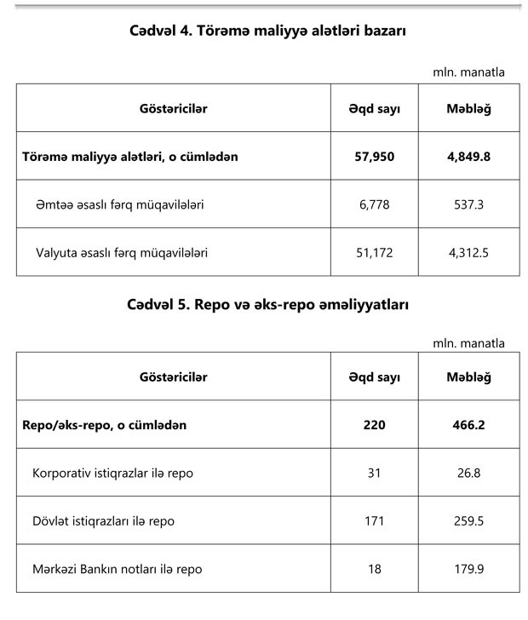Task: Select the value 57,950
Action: (x=375, y=157)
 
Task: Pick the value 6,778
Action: (x=375, y=205)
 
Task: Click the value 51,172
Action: (x=375, y=253)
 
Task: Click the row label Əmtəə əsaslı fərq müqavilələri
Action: (x=119, y=205)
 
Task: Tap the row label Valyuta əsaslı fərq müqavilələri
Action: (x=122, y=253)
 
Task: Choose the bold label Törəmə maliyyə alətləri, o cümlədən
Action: (x=129, y=157)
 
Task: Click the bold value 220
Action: (x=375, y=424)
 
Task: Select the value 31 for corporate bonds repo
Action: (x=375, y=473)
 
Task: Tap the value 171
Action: (x=375, y=520)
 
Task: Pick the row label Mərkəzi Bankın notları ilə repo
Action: (x=118, y=568)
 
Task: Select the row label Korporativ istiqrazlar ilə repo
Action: (x=118, y=473)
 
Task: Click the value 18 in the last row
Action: (x=375, y=568)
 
